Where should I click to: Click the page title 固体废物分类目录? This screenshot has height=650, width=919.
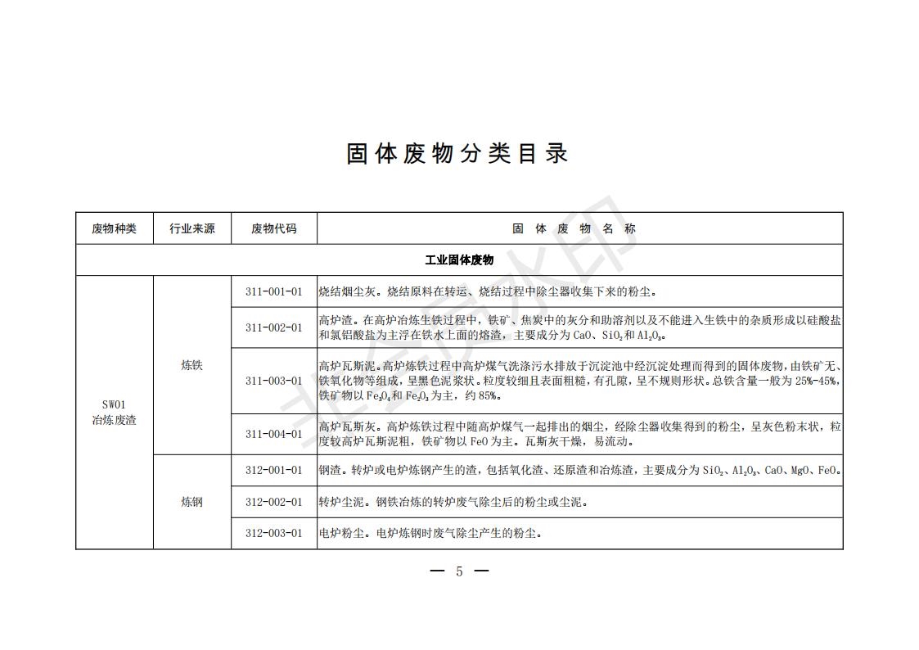[457, 154]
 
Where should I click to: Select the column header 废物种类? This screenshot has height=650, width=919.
[114, 229]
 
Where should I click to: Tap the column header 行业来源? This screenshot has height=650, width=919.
[192, 229]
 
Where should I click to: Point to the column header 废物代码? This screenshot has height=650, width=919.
[273, 229]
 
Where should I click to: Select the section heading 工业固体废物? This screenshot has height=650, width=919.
[459, 260]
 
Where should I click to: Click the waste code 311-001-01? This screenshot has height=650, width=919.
[273, 291]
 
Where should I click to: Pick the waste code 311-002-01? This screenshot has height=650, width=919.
[273, 327]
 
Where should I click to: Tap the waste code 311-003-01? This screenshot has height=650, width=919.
[273, 381]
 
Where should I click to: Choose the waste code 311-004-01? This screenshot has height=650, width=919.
[273, 434]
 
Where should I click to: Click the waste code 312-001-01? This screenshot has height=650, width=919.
[273, 470]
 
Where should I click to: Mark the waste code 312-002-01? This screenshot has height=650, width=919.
[273, 502]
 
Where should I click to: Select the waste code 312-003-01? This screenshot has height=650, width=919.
[273, 533]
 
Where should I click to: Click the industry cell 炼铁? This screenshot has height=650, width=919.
[192, 366]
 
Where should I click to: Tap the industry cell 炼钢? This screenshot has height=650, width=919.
[192, 502]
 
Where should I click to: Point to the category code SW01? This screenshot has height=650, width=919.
[114, 404]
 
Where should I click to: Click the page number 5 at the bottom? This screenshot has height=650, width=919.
[459, 571]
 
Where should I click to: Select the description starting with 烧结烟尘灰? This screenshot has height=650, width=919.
[488, 291]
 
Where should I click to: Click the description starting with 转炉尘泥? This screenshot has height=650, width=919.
[453, 502]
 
